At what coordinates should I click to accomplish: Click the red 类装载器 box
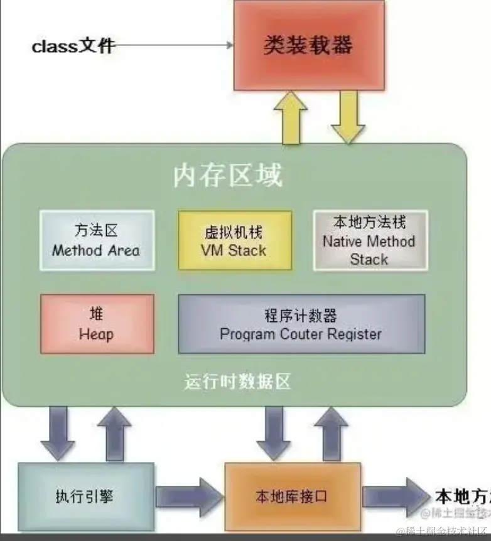coord(308,45)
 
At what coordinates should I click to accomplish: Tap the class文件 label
coord(73,46)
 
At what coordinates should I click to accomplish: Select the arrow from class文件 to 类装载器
coord(173,45)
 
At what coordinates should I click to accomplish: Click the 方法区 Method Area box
coord(97,240)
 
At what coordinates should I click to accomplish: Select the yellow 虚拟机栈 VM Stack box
coord(234,240)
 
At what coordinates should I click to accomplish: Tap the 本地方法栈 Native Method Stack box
coord(369,240)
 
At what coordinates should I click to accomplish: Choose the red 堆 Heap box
coord(97,324)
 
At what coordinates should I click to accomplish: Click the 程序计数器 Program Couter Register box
coord(301,324)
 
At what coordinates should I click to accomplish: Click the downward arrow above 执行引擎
coord(58,432)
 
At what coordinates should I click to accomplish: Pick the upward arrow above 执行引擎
coord(114,432)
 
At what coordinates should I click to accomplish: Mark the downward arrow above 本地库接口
coord(274,432)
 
